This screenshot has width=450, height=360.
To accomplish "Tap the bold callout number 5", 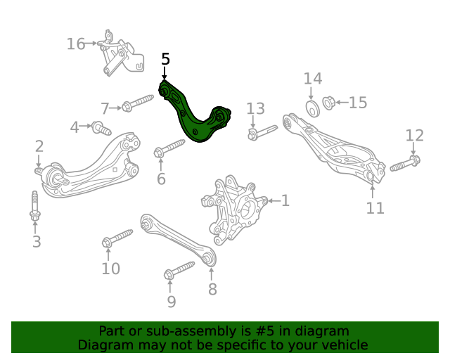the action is point(166,59).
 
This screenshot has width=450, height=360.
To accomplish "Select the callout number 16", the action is point(76,44).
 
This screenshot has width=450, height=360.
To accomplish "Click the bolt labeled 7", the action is point(138,103).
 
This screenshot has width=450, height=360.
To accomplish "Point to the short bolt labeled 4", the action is point(101,129).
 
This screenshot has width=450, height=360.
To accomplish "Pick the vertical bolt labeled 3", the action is point(35,206).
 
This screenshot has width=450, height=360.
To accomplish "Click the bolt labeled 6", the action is point(169,148).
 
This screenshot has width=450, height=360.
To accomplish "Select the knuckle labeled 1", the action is point(234,210).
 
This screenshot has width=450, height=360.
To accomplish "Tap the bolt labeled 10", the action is point(117,238).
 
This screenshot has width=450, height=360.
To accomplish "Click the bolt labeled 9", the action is point(179,270).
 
